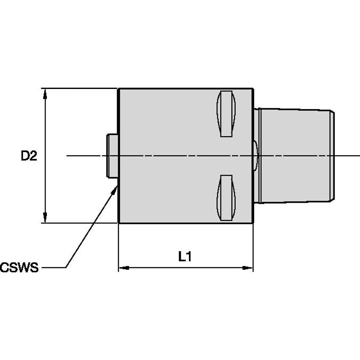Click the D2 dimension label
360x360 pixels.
point(30,156)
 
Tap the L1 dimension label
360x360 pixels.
point(185,256)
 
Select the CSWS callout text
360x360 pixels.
point(19,267)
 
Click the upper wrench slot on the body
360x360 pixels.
point(226,114)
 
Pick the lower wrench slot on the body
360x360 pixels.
point(226,198)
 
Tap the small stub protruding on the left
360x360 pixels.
point(112,156)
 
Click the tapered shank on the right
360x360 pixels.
point(295,156)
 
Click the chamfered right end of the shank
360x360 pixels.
point(333,156)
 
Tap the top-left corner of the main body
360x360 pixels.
point(119,89)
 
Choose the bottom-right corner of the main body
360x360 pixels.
point(253,222)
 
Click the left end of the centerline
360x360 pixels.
point(67,156)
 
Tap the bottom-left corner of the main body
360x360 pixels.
point(119,222)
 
